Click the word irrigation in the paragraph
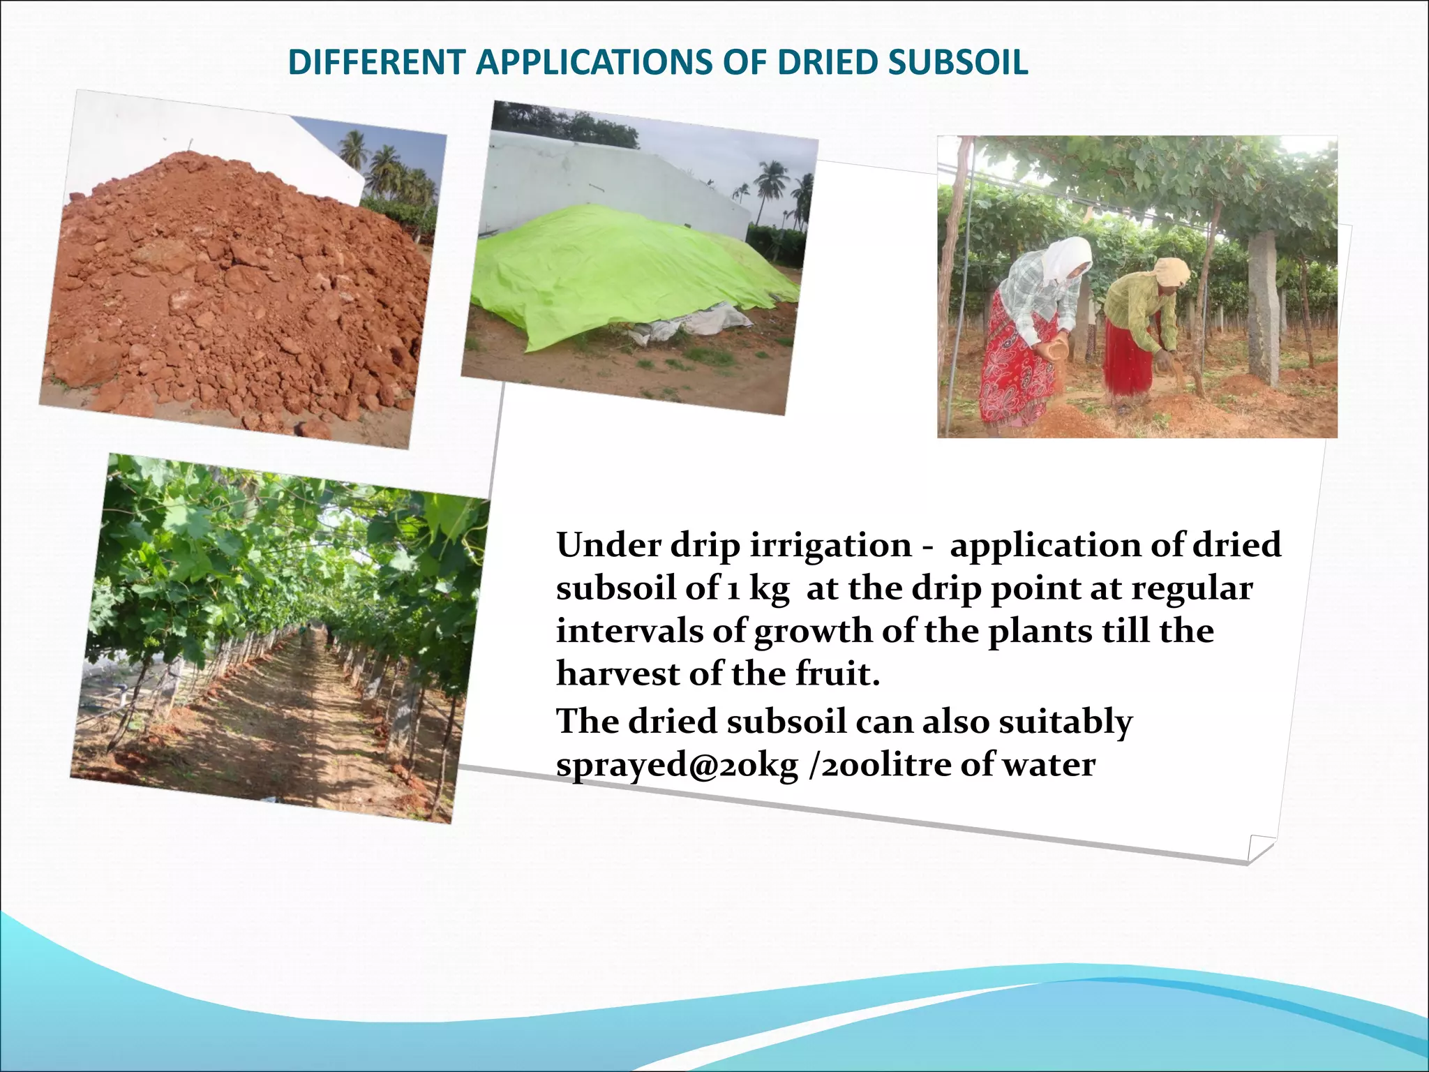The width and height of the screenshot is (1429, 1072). (830, 545)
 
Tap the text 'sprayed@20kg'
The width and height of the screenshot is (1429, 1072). (677, 766)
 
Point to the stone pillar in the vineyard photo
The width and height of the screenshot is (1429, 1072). (1264, 307)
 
